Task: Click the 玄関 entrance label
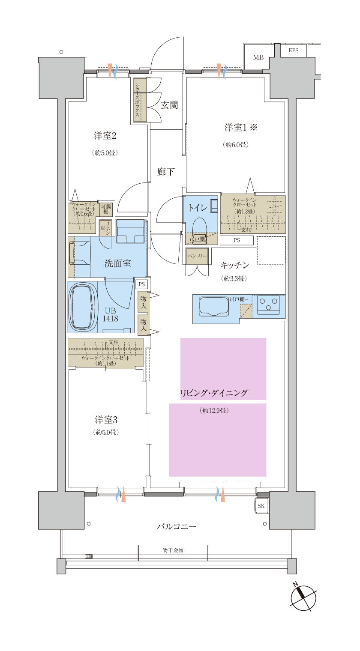pos(169,105)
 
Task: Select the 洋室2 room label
pos(105,136)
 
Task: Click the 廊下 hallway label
pos(166,172)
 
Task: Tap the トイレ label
pos(198,208)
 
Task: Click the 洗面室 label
pos(118,263)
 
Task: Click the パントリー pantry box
pos(197,256)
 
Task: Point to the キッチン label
pos(234,266)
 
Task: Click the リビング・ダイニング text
pos(214,393)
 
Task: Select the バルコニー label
pos(176,526)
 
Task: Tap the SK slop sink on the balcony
pos(261,506)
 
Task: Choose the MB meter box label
pos(258,57)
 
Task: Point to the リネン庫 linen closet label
pos(105,228)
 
